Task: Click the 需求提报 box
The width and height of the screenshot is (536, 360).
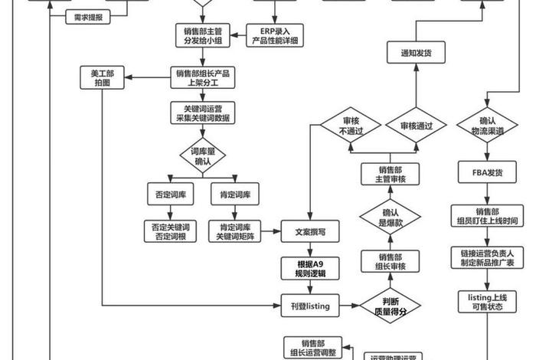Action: pos(89,16)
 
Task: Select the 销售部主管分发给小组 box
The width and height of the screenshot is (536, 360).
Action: pos(203,34)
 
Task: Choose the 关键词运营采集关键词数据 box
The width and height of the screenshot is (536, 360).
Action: pos(203,113)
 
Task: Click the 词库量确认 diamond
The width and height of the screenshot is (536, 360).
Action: pos(203,156)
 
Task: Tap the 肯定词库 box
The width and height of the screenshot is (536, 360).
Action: pos(235,194)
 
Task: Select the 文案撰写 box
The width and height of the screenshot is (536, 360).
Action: pos(310,231)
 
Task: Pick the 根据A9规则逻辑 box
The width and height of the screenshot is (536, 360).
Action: pos(310,268)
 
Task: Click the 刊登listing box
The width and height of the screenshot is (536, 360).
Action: pos(310,305)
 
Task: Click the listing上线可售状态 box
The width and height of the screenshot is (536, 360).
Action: pos(487,300)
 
